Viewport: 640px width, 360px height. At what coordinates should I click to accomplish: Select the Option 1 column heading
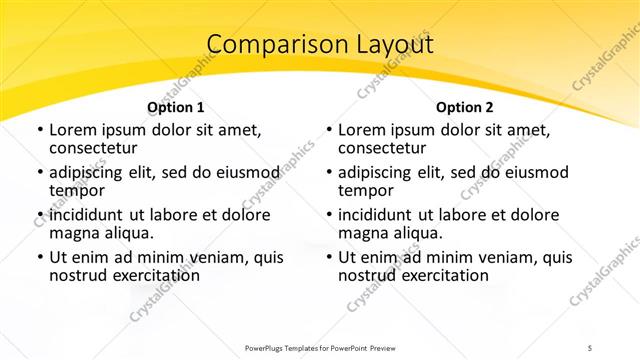(x=176, y=106)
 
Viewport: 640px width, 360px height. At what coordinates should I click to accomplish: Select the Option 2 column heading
(x=465, y=106)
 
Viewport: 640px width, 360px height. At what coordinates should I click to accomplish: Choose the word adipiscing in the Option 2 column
(x=381, y=172)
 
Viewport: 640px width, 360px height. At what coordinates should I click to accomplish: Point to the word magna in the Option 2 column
(x=363, y=233)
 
